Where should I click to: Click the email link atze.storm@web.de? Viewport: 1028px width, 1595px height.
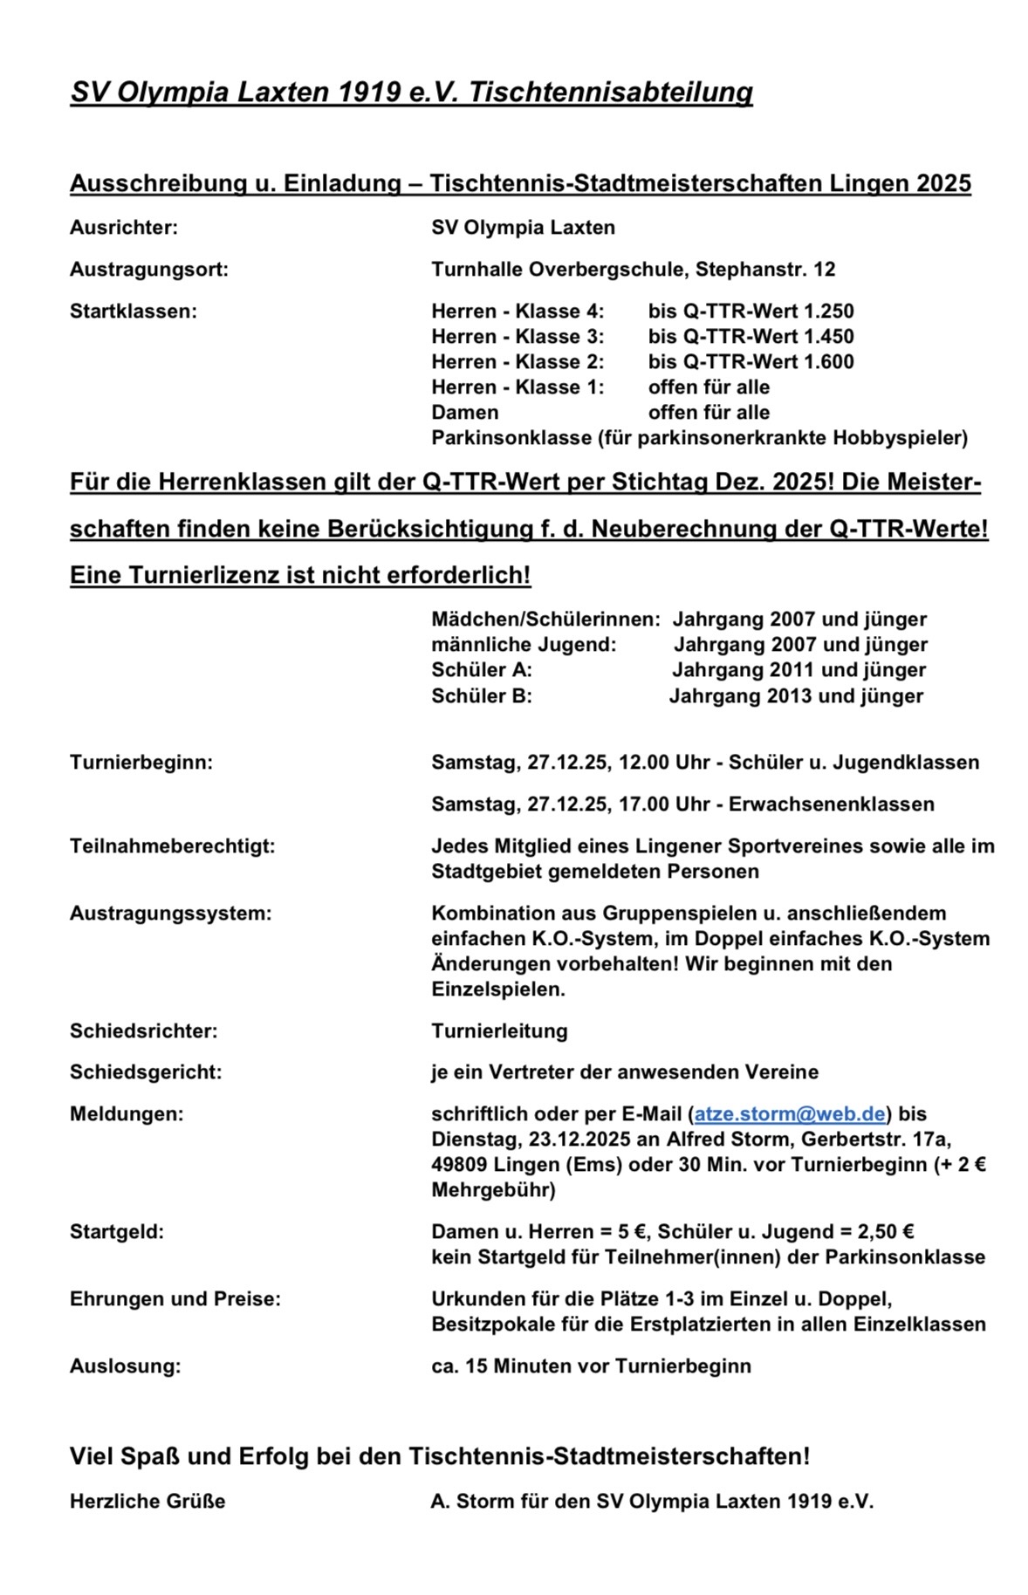pos(790,1114)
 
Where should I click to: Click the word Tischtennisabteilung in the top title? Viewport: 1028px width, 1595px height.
pos(611,92)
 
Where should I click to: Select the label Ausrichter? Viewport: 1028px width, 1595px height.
pos(124,228)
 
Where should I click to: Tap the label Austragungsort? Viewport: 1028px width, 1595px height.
pos(149,270)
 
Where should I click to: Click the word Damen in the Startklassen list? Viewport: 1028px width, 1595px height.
pos(465,413)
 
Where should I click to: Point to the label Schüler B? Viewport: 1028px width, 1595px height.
pos(482,696)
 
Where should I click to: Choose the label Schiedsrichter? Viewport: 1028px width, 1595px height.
pos(144,1031)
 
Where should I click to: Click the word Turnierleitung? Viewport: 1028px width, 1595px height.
pos(499,1031)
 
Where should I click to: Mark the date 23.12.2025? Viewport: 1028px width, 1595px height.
pos(569,1140)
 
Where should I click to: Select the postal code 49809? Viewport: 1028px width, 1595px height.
pos(459,1165)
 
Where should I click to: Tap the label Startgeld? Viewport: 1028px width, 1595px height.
pos(117,1232)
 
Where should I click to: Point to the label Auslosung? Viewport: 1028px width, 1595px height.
pos(126,1366)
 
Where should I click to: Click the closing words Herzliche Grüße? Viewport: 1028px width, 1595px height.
pos(147,1502)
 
